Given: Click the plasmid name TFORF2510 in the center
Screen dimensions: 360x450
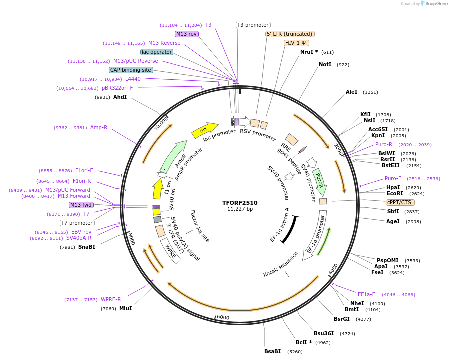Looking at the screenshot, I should pyautogui.click(x=240, y=203).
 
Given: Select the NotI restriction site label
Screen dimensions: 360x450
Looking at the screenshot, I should pyautogui.click(x=325, y=64).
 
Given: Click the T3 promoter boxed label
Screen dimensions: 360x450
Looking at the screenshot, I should pyautogui.click(x=253, y=25).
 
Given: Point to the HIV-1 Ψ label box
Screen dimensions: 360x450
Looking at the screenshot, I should pyautogui.click(x=296, y=43).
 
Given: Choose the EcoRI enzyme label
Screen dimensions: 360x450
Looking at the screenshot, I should pyautogui.click(x=395, y=193).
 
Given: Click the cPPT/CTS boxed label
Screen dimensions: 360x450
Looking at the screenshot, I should pyautogui.click(x=400, y=202).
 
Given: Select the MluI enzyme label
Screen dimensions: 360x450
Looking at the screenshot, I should pyautogui.click(x=125, y=308).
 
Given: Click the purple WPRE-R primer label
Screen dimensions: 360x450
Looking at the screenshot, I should pyautogui.click(x=111, y=299).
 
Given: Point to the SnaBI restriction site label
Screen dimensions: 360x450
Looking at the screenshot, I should pyautogui.click(x=86, y=247).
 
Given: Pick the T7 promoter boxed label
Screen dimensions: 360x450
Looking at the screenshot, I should pyautogui.click(x=77, y=223).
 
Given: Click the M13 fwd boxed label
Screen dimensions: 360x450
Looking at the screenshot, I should pyautogui.click(x=81, y=205).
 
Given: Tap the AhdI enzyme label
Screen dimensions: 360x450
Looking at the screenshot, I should pyautogui.click(x=120, y=97).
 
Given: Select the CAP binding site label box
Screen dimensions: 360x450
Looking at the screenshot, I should pyautogui.click(x=131, y=70).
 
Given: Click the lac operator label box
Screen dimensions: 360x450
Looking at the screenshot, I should pyautogui.click(x=157, y=52).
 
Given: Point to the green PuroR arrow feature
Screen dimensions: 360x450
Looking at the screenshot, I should pyautogui.click(x=319, y=182).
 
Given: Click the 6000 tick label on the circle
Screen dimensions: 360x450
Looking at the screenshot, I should pyautogui.click(x=223, y=317).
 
